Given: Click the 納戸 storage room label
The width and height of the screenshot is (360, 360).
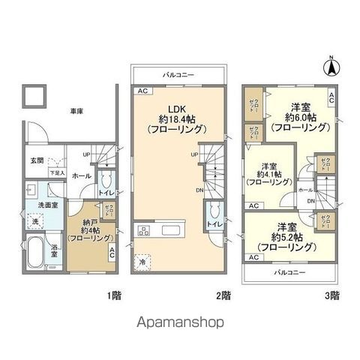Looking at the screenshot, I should [84, 223].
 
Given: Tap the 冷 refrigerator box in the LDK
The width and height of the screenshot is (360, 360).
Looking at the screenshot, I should [142, 262].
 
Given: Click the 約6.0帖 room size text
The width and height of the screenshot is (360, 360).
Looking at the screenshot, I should [298, 118].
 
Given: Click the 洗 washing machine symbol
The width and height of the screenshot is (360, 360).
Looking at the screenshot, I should [34, 221].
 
